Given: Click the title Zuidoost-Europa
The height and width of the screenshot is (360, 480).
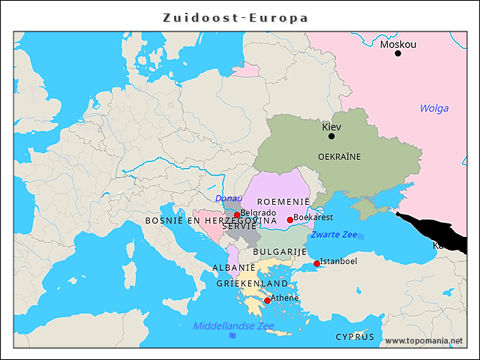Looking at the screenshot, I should pos(236,17).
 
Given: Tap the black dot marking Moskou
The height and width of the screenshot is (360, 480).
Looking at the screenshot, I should pos(397,53).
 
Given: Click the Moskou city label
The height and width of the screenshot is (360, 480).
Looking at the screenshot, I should pos(397,44).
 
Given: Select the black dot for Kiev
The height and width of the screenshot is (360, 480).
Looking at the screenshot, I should pos(331,136).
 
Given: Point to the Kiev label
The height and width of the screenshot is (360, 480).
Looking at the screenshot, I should pos(331,127).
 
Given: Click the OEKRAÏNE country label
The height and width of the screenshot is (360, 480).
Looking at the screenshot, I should pos(339,157).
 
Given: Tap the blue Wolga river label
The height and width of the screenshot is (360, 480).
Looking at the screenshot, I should pos(433,109).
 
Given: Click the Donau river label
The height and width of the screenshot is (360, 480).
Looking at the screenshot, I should pos(229,199).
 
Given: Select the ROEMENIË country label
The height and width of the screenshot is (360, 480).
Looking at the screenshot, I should pos(283,202).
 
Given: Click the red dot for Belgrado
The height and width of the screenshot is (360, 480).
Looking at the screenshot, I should pos(237,215).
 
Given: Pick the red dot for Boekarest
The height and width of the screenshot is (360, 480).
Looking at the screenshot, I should pos(290,220).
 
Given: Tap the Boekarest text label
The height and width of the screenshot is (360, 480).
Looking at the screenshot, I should pos(313,217).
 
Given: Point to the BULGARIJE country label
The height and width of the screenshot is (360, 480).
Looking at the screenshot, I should pos(280,251).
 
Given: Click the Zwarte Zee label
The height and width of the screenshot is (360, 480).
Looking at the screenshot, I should pos(334,235).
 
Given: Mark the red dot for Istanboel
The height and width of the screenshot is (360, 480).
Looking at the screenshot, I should pos(316,263).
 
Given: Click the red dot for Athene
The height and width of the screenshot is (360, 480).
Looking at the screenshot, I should pos(267,300).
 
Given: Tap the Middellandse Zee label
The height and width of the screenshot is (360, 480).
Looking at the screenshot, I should pos(233,325).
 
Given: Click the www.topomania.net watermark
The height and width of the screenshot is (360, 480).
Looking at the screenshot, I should pos(424,340).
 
